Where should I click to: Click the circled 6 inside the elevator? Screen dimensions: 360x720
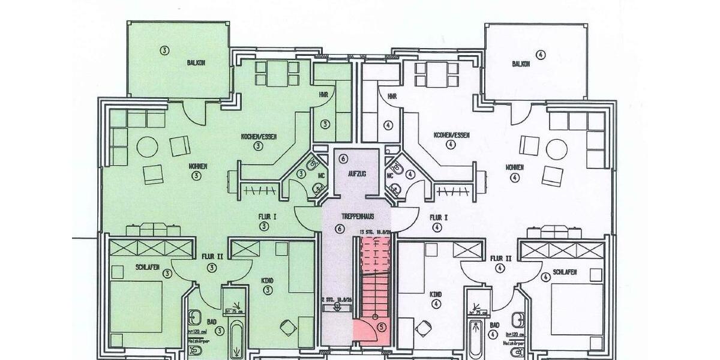[x=343, y=159]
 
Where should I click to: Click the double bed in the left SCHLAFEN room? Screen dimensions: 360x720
[x=137, y=306]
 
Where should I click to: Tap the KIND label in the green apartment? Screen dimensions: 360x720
[x=267, y=280]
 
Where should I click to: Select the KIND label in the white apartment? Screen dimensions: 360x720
[x=436, y=295]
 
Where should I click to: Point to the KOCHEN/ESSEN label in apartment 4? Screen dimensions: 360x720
[x=453, y=136]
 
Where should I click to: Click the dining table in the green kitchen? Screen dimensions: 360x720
[x=277, y=74]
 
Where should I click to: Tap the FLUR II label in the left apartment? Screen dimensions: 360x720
[x=211, y=256]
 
